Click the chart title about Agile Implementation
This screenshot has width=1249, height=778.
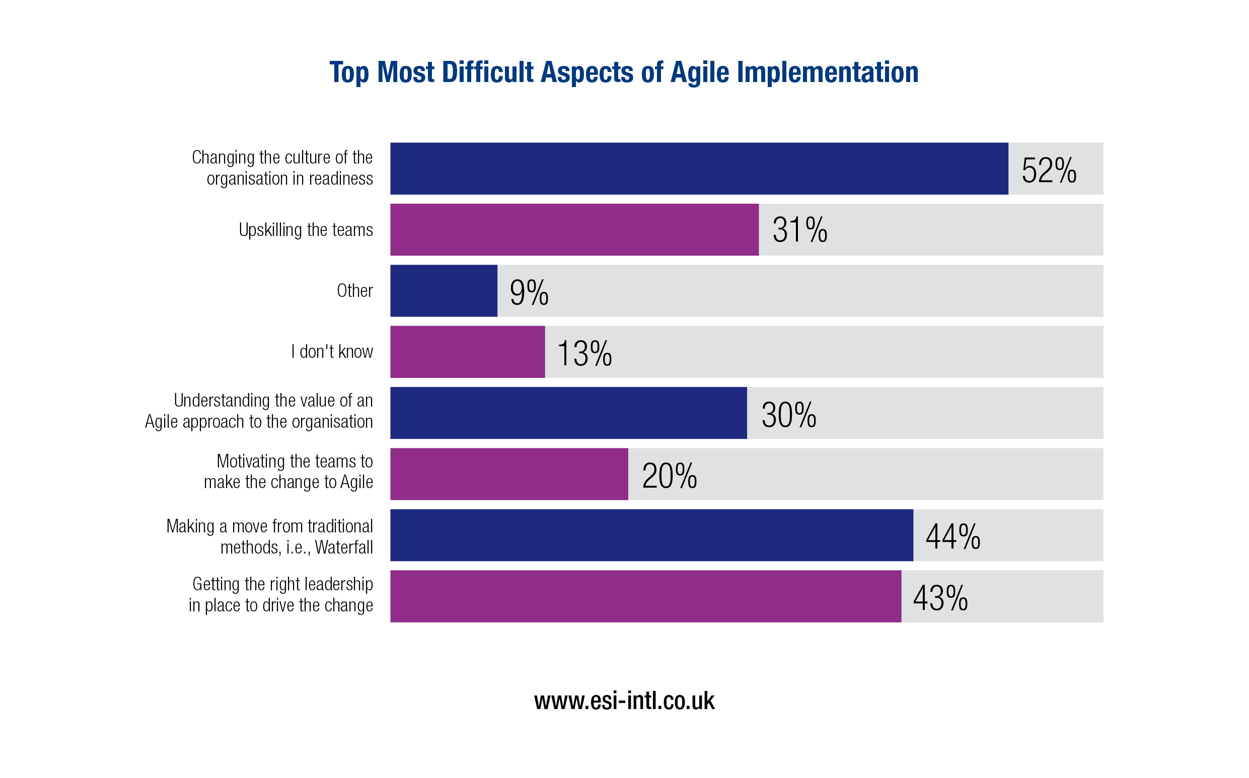[624, 72]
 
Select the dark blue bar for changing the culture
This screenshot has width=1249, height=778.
[698, 169]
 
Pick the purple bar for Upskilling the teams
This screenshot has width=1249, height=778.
[574, 229]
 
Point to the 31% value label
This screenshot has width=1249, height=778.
[799, 230]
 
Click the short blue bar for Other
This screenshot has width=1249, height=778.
[444, 291]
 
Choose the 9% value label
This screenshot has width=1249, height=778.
[529, 293]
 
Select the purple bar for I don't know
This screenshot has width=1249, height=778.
[467, 352]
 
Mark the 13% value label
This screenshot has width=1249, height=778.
[584, 354]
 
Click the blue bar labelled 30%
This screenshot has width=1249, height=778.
[568, 413]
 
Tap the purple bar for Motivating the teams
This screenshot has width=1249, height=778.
[509, 474]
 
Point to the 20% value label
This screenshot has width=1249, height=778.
[669, 476]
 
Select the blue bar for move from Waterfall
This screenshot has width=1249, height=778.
[651, 535]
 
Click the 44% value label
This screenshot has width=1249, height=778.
[952, 536]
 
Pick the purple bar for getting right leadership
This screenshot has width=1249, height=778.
[645, 596]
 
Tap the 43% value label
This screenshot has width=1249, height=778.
[940, 598]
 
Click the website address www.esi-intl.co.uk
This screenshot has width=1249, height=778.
[624, 701]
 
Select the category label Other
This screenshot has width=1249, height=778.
[354, 291]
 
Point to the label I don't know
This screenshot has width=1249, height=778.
[332, 352]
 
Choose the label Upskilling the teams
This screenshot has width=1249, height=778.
[306, 229]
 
